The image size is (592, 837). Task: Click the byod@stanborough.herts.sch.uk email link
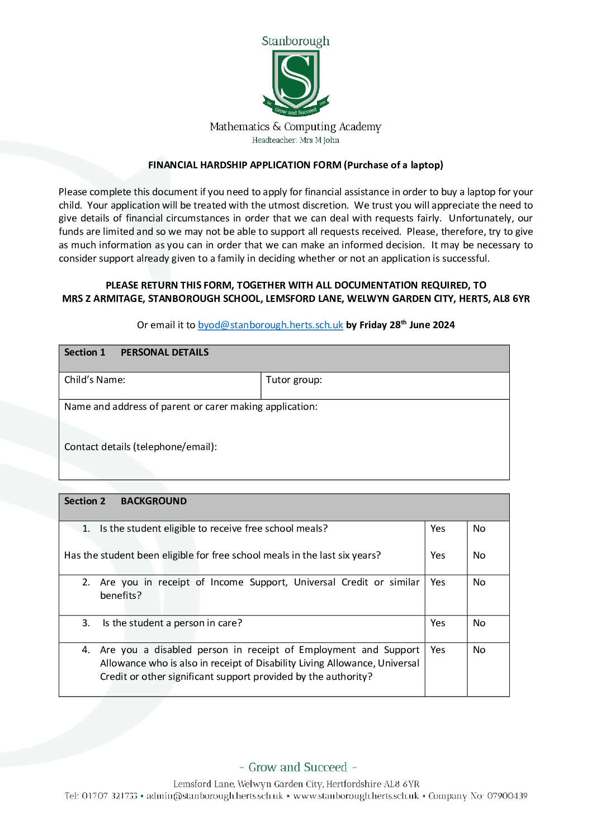(270, 325)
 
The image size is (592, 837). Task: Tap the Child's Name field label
(94, 380)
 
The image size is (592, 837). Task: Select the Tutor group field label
(293, 380)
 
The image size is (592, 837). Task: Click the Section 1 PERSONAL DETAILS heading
(136, 352)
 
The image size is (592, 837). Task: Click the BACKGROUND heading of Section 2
(154, 501)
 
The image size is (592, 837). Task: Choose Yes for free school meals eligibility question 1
(438, 528)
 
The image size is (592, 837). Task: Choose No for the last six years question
(479, 555)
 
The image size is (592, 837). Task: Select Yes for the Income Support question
(438, 582)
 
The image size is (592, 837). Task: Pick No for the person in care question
(479, 623)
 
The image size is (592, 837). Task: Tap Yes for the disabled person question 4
(438, 650)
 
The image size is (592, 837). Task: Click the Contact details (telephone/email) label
(140, 447)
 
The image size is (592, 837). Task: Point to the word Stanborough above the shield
(296, 41)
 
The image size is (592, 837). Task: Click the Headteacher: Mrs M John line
(296, 140)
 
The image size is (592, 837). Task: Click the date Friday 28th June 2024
(407, 325)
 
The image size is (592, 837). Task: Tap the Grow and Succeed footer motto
(297, 767)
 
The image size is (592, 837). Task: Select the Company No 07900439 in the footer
(478, 796)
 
